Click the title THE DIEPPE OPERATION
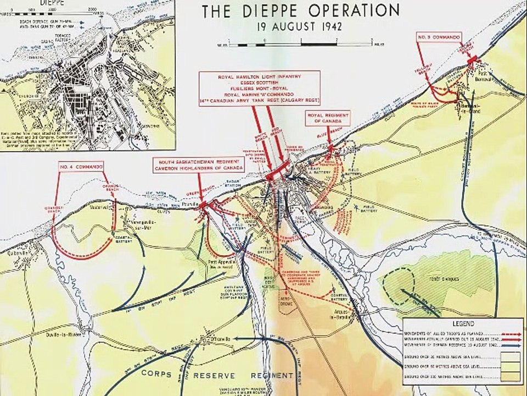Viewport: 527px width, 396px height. pos(300,11)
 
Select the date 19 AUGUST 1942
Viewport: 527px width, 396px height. pos(300,26)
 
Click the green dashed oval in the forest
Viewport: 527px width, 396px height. pos(399,283)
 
